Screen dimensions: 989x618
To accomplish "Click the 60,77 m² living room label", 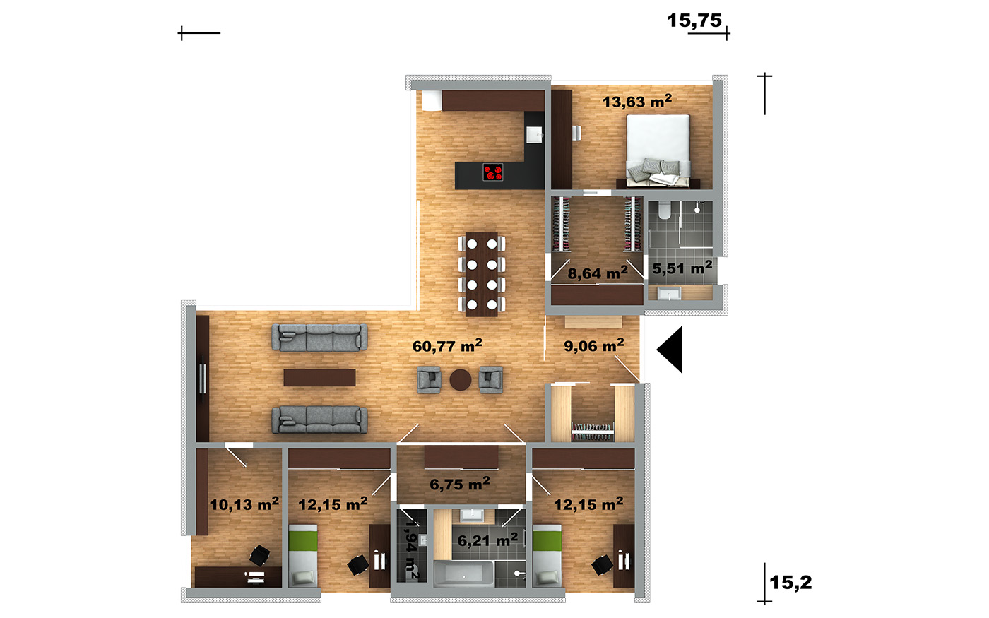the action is tap(447, 345).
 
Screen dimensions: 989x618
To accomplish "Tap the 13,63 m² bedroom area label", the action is tap(637, 101).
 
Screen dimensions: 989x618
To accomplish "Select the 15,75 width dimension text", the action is tap(694, 20).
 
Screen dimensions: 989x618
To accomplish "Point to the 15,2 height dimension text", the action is tap(790, 583).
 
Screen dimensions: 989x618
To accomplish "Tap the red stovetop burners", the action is tap(493, 172).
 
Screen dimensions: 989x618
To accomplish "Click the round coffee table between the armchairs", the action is tap(461, 380).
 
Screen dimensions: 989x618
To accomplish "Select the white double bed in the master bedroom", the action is tap(658, 150).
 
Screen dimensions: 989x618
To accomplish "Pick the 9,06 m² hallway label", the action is tap(594, 345).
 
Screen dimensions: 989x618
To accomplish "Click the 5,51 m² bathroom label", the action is tap(682, 268).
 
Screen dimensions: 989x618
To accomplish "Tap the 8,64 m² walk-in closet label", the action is tap(598, 273).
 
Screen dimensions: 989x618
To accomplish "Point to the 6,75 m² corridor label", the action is tap(460, 484).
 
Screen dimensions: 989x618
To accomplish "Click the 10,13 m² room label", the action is tap(244, 504).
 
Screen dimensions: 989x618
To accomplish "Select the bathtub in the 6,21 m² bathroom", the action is tap(463, 574).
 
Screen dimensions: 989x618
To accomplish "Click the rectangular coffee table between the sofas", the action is tap(319, 378).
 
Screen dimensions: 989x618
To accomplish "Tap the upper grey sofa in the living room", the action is tap(319, 338).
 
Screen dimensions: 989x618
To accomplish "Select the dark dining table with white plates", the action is tap(481, 274).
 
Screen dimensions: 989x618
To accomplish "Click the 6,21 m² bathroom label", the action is tap(487, 540).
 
